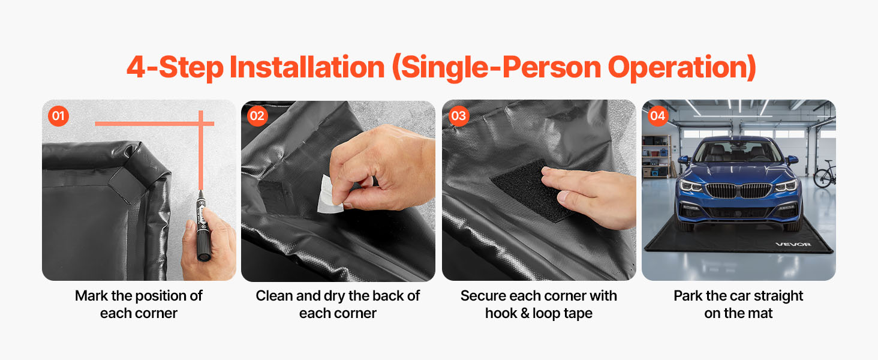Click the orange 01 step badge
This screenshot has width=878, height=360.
click(58, 116)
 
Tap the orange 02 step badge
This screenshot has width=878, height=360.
click(257, 116)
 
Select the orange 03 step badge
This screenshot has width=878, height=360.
click(459, 116)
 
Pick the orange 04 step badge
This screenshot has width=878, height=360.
click(658, 116)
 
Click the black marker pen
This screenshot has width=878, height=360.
click(203, 226)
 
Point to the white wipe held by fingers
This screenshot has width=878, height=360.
click(330, 196)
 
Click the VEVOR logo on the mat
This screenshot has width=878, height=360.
click(793, 244)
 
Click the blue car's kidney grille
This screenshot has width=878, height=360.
click(738, 191)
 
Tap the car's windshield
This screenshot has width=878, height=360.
click(738, 152)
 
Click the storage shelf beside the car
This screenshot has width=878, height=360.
click(656, 157)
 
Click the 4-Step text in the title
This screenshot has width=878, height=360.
click(175, 68)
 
